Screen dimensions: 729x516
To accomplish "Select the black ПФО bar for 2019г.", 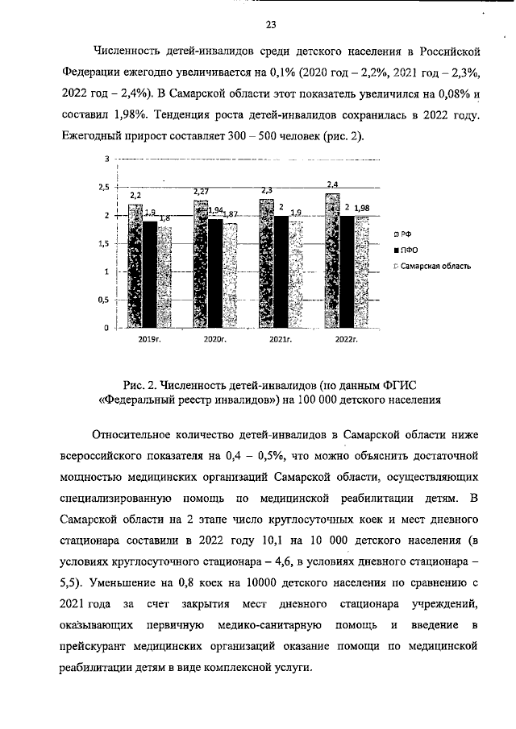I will pyautogui.click(x=149, y=275).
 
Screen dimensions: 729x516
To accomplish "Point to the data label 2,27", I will pyautogui.click(x=201, y=191).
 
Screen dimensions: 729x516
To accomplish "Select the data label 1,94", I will pyautogui.click(x=216, y=210).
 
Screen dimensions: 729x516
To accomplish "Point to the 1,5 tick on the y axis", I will pyautogui.click(x=103, y=243).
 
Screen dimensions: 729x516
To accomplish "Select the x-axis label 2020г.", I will pyautogui.click(x=215, y=341).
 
